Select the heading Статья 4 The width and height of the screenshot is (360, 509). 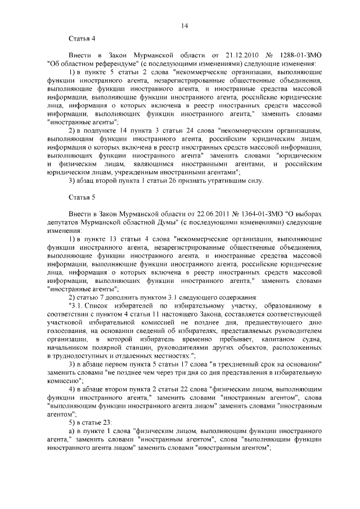point(82,39)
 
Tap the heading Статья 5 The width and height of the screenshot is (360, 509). point(82,199)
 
